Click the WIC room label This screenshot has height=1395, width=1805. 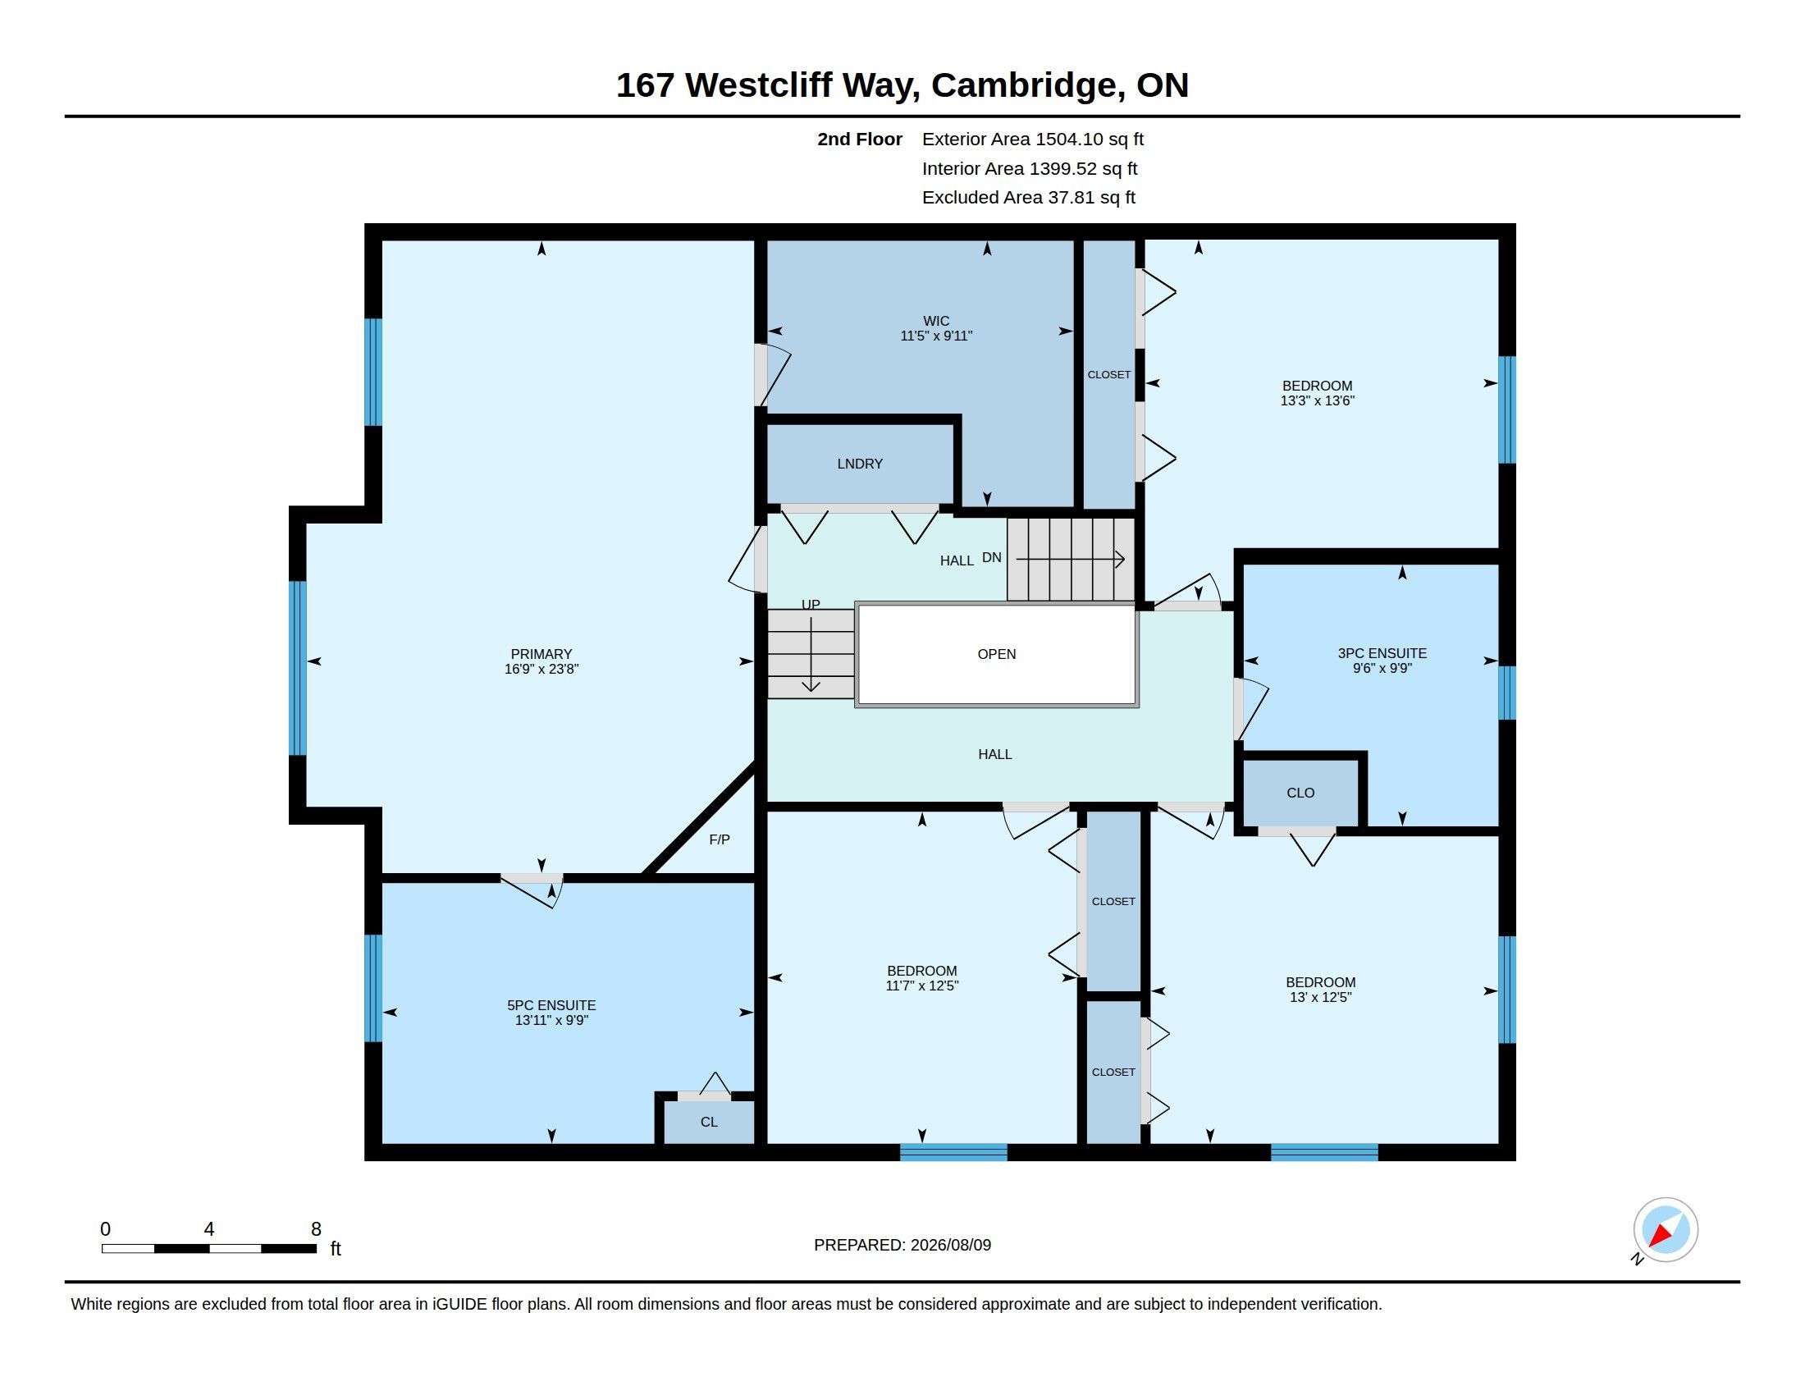coord(935,321)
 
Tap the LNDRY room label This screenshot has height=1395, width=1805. coord(860,464)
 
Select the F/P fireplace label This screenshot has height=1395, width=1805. coord(719,839)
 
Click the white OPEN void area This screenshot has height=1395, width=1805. coord(997,655)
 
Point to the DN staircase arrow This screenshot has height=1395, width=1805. coord(1070,560)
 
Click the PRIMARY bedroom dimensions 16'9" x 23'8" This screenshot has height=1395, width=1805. coord(541,670)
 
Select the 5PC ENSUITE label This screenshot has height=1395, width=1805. coord(551,1005)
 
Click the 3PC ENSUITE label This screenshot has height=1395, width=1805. coord(1382,653)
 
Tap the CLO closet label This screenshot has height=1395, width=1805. coord(1300,793)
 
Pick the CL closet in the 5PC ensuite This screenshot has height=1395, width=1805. coord(709,1122)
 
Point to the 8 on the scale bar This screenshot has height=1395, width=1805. coord(316,1229)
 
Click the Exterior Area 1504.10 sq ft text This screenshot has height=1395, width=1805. coord(1032,139)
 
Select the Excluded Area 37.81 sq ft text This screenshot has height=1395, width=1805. coord(1028,198)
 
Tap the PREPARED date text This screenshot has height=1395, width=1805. coord(902,1245)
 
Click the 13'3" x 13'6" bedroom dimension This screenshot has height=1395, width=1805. coord(1318,400)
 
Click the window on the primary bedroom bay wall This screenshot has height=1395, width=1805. coord(298,668)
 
